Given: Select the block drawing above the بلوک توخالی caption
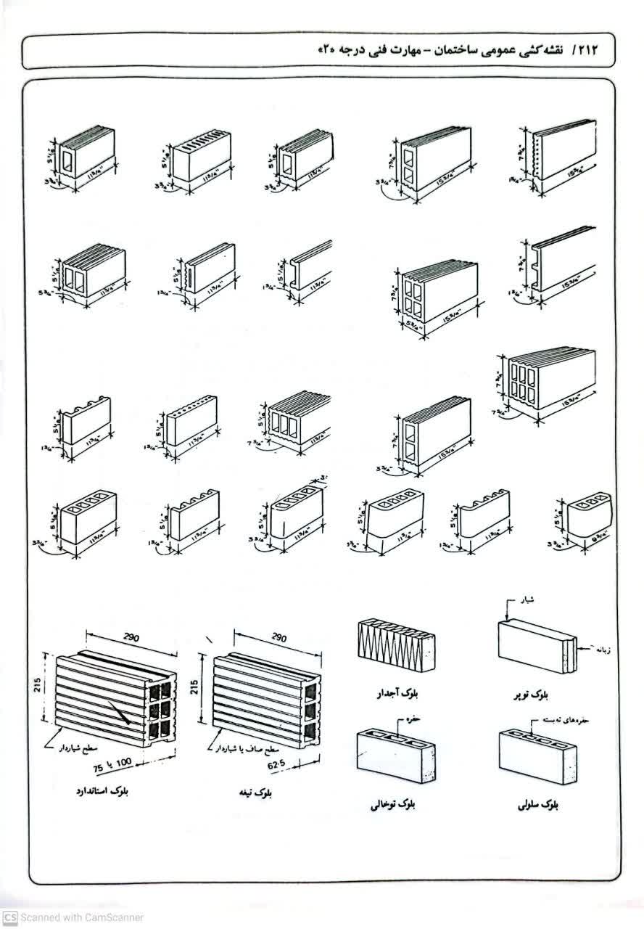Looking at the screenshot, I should pos(395,756).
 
